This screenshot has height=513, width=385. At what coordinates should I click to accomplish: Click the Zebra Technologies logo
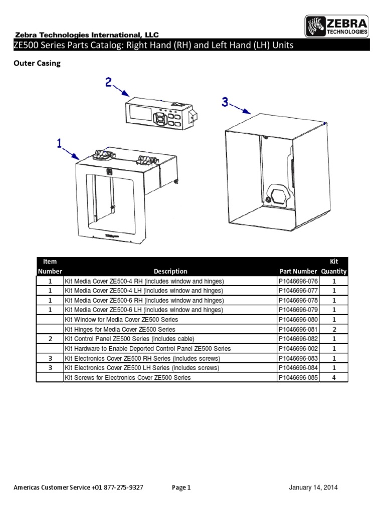[x=337, y=26]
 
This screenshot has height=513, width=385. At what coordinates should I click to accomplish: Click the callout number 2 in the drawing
[x=108, y=82]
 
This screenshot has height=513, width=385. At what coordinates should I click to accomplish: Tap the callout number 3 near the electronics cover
[x=226, y=102]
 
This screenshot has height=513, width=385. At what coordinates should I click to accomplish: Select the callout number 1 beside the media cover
[x=60, y=144]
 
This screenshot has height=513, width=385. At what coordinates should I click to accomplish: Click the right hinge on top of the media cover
[x=145, y=160]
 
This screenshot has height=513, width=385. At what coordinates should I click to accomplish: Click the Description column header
[x=170, y=272]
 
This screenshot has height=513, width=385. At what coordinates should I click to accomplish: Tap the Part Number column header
[x=298, y=272]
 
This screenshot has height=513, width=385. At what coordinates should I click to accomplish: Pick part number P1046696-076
[x=298, y=282]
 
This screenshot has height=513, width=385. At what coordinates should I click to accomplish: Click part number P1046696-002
[x=298, y=349]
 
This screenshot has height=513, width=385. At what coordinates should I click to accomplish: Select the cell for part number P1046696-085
[x=298, y=377]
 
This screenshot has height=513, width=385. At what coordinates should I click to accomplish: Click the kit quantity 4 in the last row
[x=334, y=377]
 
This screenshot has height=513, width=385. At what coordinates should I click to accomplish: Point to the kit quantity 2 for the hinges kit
[x=334, y=329]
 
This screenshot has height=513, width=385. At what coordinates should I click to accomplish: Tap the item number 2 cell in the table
[x=50, y=339]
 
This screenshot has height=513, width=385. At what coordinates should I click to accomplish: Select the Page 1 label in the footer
[x=181, y=487]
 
